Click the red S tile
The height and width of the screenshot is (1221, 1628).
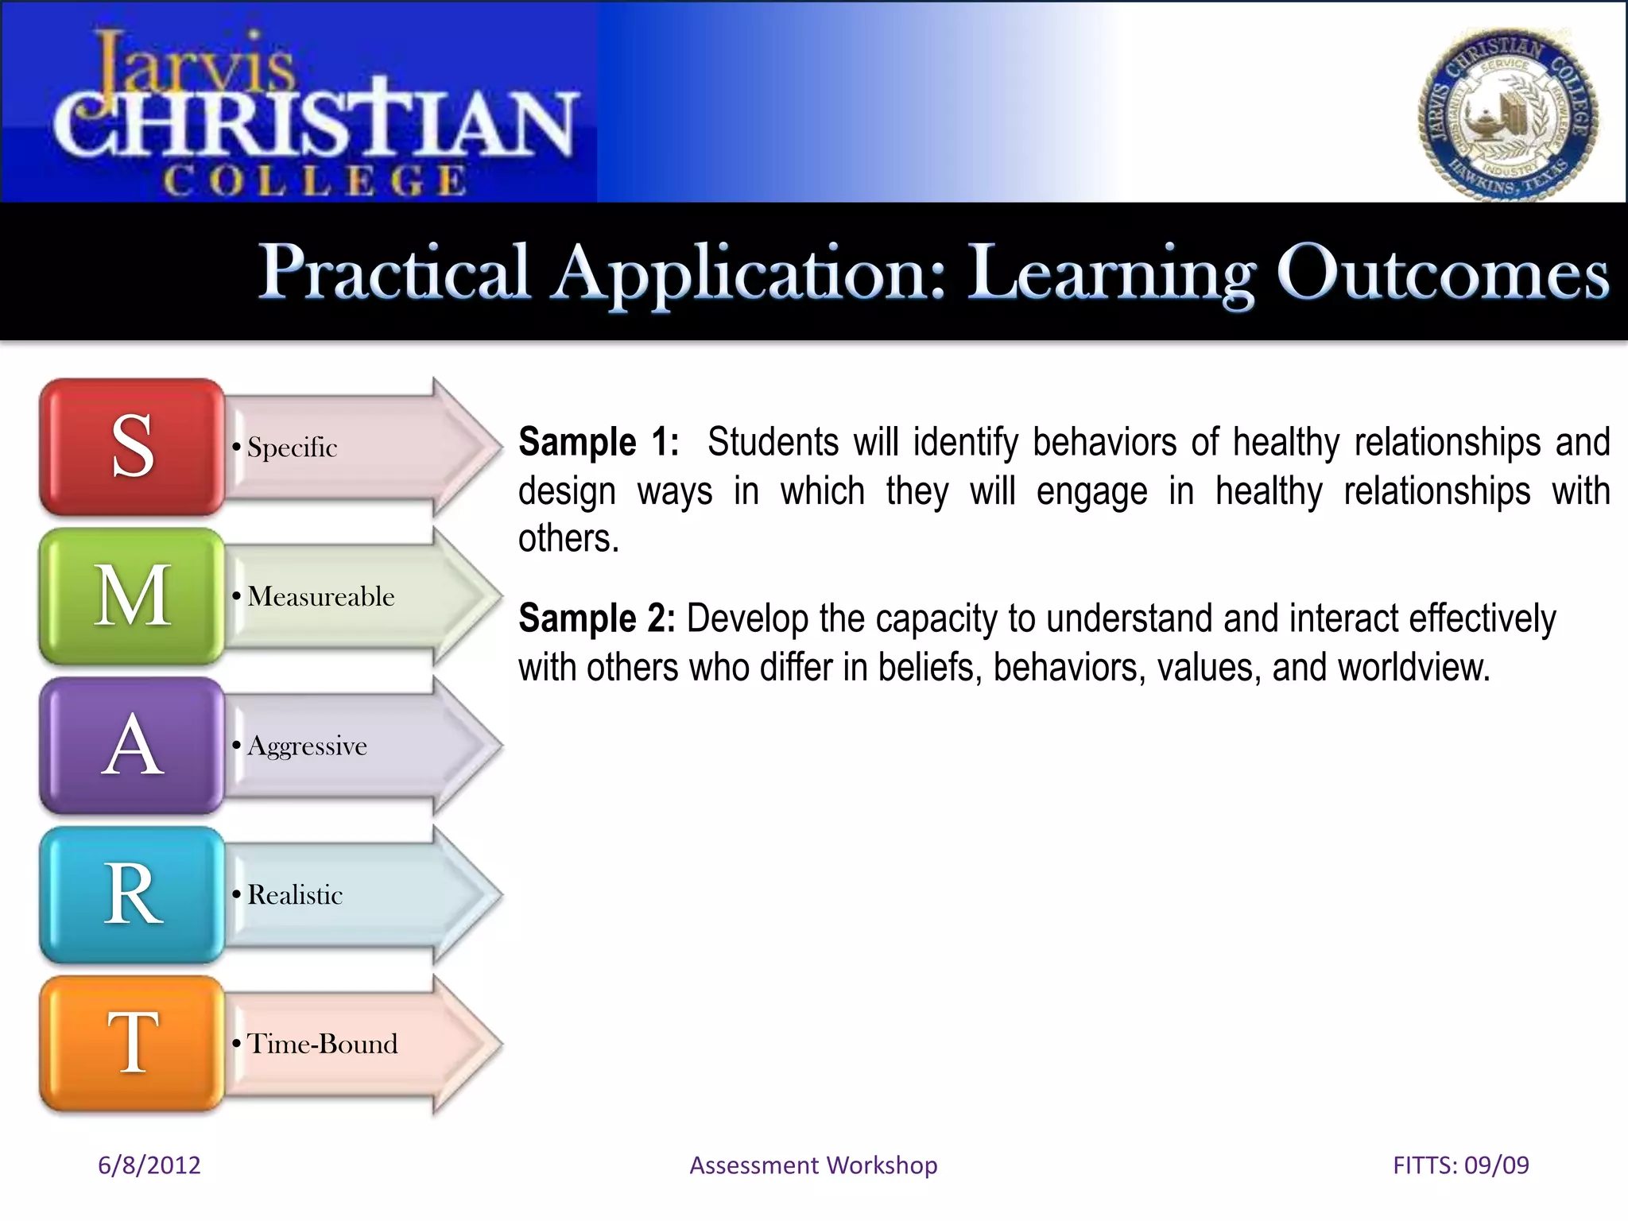click(x=132, y=447)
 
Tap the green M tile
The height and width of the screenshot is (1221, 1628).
click(x=132, y=596)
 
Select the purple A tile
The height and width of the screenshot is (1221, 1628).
click(x=132, y=746)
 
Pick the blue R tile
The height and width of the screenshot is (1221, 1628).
click(x=132, y=894)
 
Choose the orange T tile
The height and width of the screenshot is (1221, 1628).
click(x=132, y=1044)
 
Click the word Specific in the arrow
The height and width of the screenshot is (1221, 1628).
click(x=292, y=448)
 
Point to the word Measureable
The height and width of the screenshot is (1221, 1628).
click(x=320, y=596)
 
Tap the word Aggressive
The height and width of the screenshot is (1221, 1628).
click(x=307, y=746)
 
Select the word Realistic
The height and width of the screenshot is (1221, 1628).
click(x=295, y=895)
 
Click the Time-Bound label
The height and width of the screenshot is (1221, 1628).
click(x=322, y=1044)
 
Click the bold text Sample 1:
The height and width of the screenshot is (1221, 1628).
click(x=599, y=442)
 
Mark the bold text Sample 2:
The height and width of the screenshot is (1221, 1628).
click(x=596, y=618)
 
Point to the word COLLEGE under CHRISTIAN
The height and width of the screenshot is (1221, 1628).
click(x=315, y=180)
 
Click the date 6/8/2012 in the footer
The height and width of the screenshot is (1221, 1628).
click(x=149, y=1165)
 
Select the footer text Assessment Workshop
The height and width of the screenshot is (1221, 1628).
click(x=813, y=1165)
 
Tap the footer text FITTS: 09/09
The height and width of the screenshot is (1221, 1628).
click(x=1460, y=1165)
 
